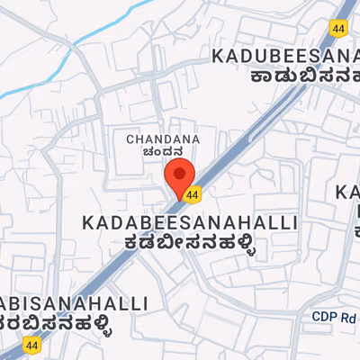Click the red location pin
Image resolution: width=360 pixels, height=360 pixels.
pyautogui.click(x=180, y=175)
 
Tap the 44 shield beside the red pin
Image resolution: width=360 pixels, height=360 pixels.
pyautogui.click(x=192, y=193)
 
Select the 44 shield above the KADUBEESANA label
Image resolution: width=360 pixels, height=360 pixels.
pyautogui.click(x=338, y=30)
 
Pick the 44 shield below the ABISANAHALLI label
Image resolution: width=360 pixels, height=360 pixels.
pyautogui.click(x=32, y=345)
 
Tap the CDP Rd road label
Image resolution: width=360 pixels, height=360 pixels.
pyautogui.click(x=336, y=317)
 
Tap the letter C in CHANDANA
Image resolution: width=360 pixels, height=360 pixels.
pyautogui.click(x=130, y=139)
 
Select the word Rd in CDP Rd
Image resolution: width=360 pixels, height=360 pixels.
pyautogui.click(x=349, y=317)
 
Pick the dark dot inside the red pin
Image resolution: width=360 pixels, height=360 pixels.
pyautogui.click(x=180, y=171)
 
